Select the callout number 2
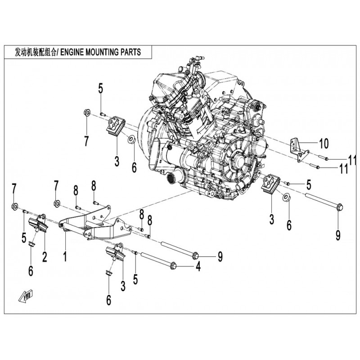(45, 257)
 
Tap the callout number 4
(198, 267)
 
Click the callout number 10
(324, 144)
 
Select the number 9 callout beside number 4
(220, 257)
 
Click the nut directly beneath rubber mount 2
(32, 244)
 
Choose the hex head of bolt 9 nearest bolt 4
(196, 256)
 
